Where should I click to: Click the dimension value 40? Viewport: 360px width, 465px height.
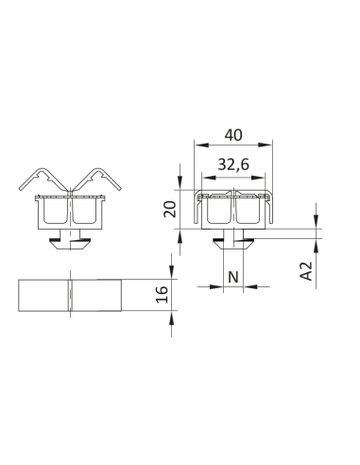[x=233, y=134]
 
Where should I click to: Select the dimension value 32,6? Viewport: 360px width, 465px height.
[x=233, y=164]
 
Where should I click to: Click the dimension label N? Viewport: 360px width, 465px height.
[x=233, y=277]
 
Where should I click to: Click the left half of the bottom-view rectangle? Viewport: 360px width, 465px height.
[x=44, y=295]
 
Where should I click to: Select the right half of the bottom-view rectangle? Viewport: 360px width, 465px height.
[x=95, y=295]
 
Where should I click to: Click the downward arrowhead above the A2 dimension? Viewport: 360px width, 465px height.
[x=316, y=224]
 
